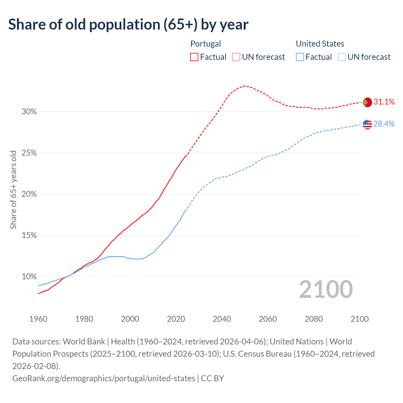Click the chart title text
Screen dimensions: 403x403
(128, 25)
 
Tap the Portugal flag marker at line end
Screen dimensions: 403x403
(367, 102)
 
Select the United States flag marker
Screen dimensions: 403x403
(367, 124)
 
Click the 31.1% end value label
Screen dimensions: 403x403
(384, 102)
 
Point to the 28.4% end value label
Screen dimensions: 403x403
(384, 124)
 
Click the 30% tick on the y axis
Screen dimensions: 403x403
(29, 112)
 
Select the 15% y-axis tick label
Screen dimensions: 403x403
(29, 236)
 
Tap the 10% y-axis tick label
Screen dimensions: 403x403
(29, 277)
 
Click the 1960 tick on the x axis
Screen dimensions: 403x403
(38, 319)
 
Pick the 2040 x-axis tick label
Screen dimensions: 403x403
(222, 319)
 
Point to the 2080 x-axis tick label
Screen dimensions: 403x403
(314, 319)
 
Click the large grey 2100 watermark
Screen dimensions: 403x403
(326, 289)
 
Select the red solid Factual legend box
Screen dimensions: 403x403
(194, 57)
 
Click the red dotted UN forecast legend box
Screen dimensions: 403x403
(236, 57)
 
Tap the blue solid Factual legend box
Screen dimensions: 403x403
(300, 57)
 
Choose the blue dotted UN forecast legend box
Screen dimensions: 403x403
(342, 57)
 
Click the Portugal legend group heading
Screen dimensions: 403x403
(206, 44)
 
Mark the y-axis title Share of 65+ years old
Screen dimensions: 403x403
(13, 190)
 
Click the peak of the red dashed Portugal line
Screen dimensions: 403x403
(245, 86)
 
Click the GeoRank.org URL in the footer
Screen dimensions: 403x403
(104, 378)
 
